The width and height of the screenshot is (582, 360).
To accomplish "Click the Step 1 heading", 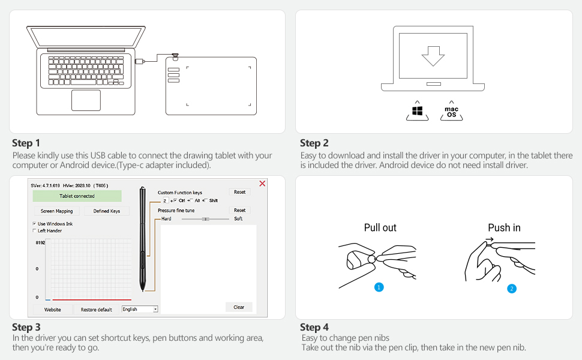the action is pos(26,143).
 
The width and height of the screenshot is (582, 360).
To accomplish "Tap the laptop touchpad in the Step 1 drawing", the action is pos(86,100).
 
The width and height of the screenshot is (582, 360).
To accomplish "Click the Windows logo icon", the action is pos(417,111).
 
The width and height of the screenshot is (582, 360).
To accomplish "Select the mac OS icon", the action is pos(451,112).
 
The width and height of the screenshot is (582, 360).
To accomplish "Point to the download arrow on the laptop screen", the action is pos(433,56).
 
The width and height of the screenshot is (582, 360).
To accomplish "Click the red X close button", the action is pos(262,184).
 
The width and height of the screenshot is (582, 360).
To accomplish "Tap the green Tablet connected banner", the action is pos(77,196).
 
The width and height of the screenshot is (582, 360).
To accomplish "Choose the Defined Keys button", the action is pos(107,211).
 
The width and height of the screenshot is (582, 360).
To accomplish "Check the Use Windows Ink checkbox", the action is pos(34,223).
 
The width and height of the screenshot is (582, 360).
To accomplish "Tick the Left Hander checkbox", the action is pos(34,230).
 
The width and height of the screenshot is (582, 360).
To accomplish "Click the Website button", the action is pos(52,310).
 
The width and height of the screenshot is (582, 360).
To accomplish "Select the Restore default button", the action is pos(96,310).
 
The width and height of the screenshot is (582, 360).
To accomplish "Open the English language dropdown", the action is pos(140,309).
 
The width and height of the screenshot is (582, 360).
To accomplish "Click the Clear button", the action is pos(239,307).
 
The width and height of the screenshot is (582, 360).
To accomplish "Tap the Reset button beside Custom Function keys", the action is pos(239,192).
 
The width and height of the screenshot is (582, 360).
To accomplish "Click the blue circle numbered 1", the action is pos(379,287).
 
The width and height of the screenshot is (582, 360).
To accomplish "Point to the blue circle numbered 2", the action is pos(511,289).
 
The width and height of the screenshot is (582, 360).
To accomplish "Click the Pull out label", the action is pos(380,227).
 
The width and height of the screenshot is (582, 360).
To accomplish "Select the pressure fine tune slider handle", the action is pos(206,219).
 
